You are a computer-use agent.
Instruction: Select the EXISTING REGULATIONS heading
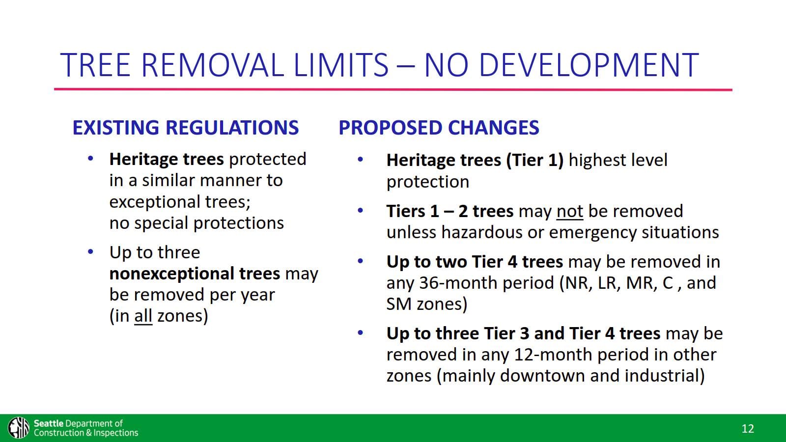(x=185, y=128)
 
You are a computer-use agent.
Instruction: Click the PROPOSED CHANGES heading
(x=439, y=128)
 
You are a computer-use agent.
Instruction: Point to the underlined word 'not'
(x=569, y=211)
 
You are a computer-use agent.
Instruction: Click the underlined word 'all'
(x=143, y=316)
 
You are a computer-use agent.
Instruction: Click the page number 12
(x=747, y=429)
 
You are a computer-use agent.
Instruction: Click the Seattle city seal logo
(x=19, y=428)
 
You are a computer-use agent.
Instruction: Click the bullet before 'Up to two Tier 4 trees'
(x=360, y=261)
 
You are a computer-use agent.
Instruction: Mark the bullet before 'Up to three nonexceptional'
(x=90, y=252)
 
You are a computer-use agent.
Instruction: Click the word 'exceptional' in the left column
(x=154, y=202)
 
